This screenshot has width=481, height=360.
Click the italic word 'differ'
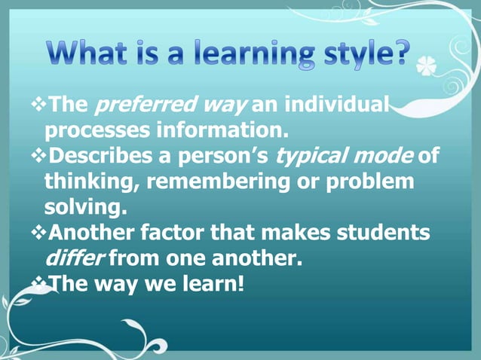[x=75, y=259]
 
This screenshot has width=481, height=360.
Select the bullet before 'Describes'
[x=41, y=156]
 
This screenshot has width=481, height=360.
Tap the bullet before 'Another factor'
[x=41, y=233]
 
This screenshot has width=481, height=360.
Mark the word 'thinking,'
[x=90, y=182]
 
